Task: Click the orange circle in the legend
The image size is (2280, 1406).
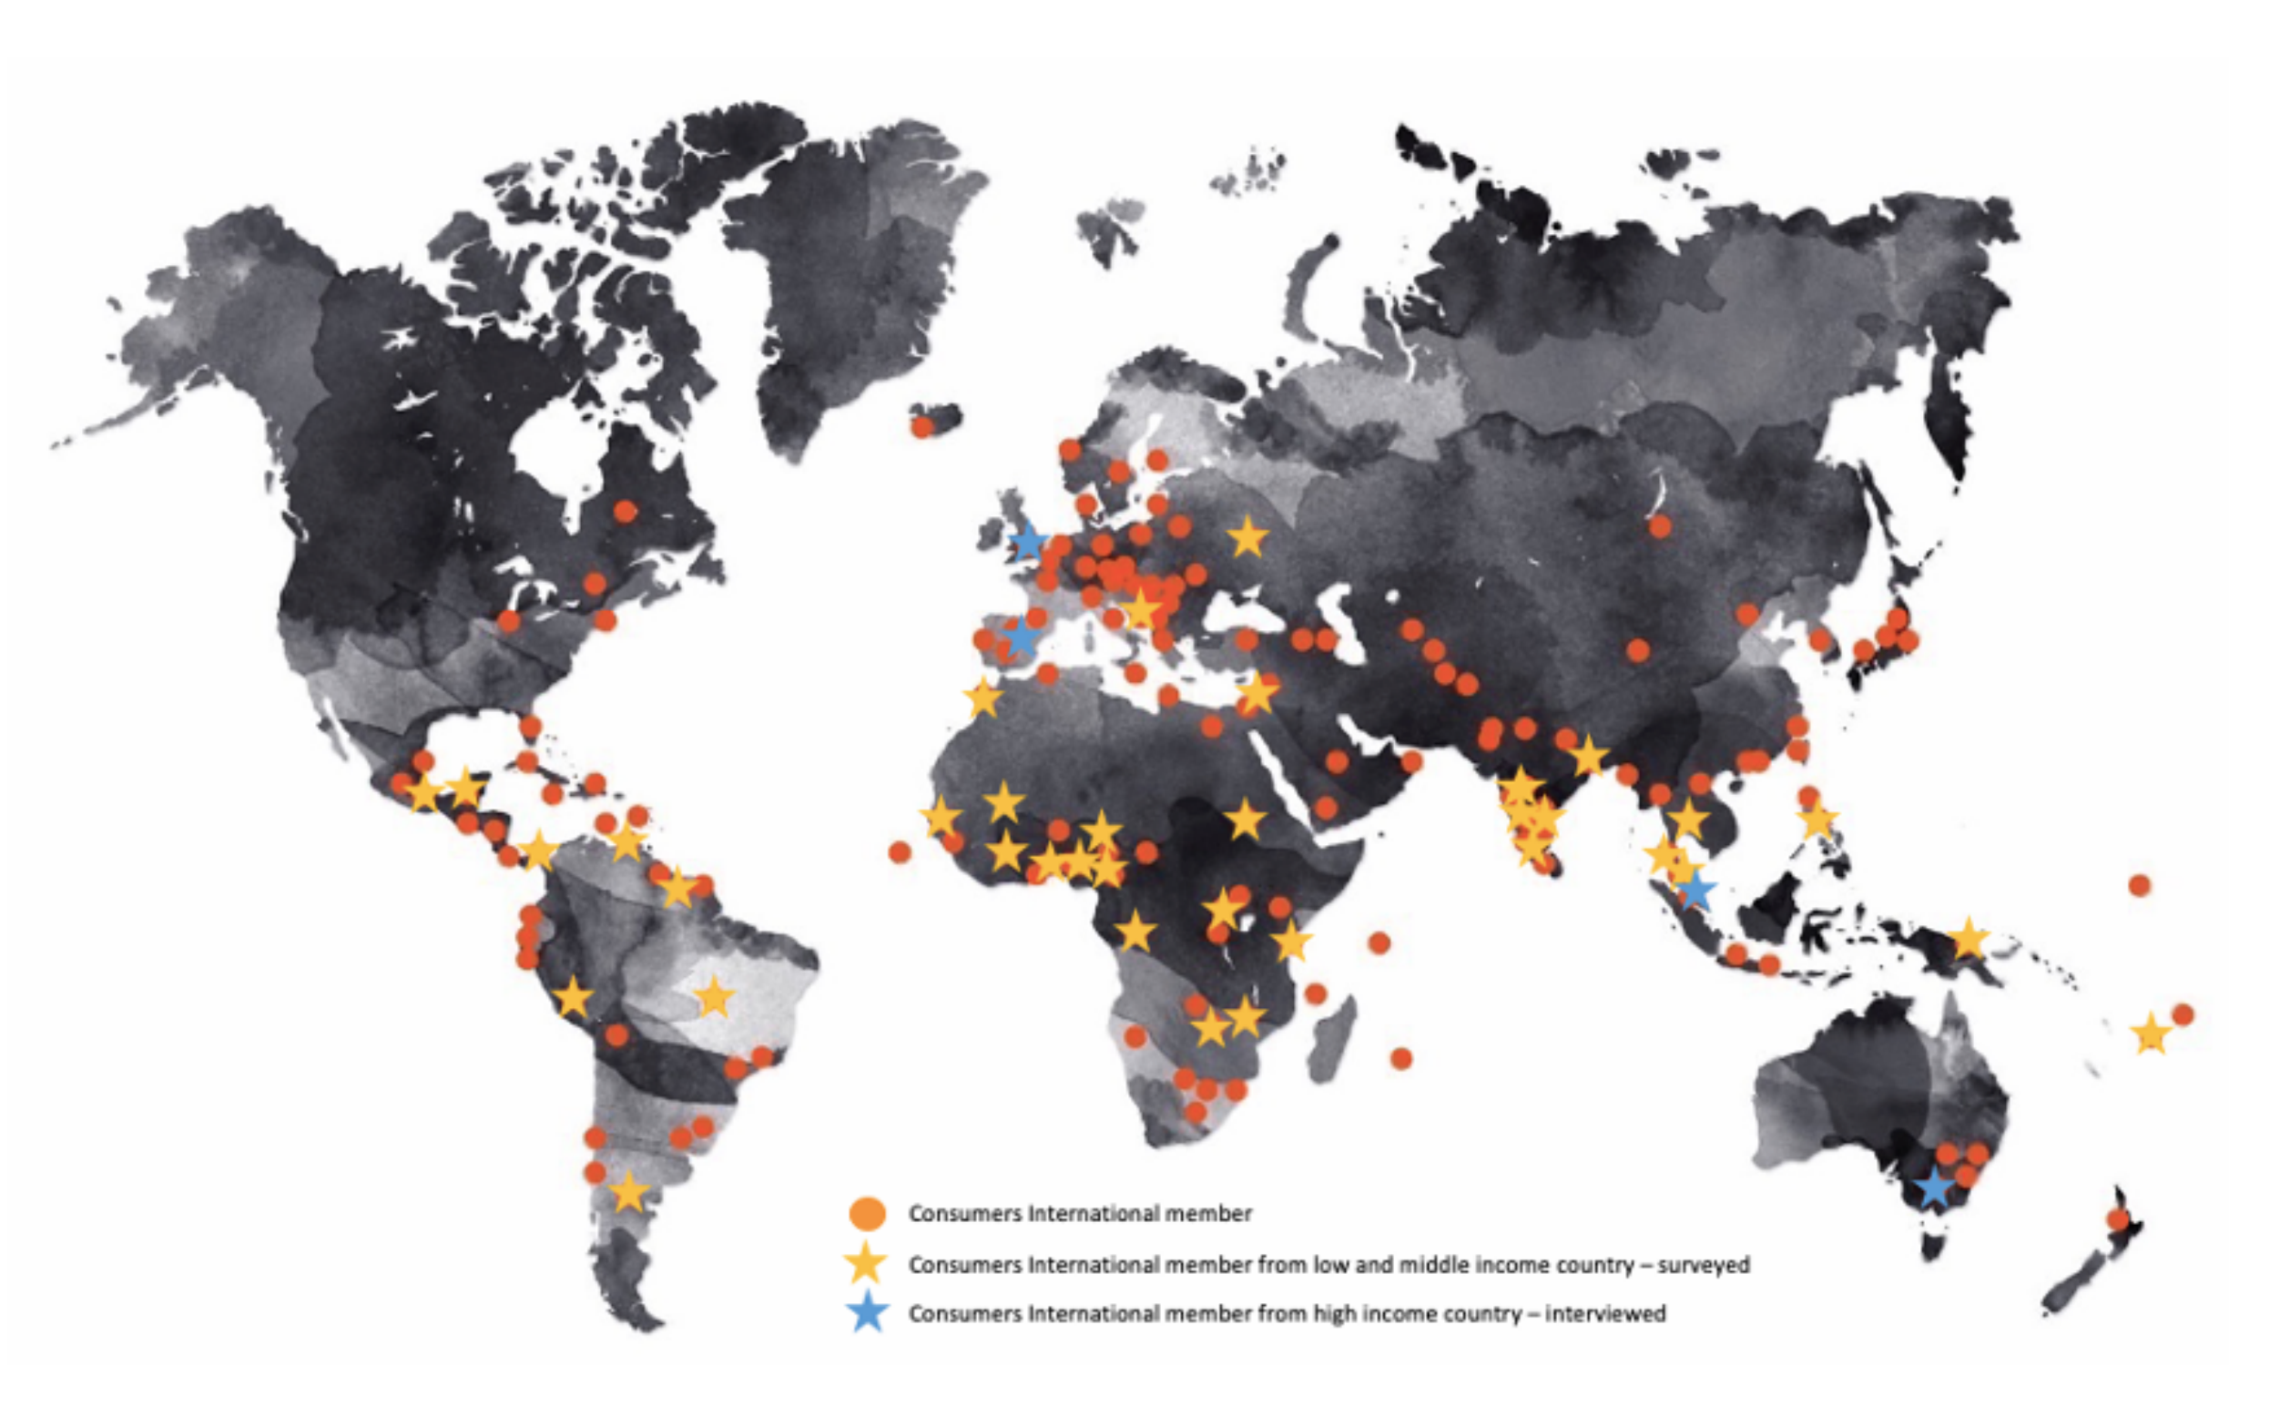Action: (x=867, y=1214)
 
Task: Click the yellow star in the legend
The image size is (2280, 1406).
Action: (x=866, y=1264)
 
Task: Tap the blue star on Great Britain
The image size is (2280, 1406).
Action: (x=1027, y=542)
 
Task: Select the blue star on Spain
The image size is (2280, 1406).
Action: (x=1022, y=637)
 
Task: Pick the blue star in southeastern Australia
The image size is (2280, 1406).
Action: (x=1934, y=1187)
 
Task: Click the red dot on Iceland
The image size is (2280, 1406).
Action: (x=921, y=427)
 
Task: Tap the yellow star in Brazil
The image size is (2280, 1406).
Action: (x=714, y=998)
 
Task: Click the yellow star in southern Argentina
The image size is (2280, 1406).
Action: (x=628, y=1192)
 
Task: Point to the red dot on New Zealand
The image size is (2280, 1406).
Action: (x=2118, y=1219)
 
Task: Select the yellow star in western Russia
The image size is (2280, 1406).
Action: (x=1247, y=537)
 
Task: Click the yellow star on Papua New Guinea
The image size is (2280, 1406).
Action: (x=1967, y=938)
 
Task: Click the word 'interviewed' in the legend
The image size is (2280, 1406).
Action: (x=1605, y=1314)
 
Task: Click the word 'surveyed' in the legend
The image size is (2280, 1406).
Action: (x=1703, y=1265)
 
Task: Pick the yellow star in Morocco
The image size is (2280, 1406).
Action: (x=982, y=698)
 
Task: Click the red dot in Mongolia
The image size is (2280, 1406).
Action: (x=1660, y=527)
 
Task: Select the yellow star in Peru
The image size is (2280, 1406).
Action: (x=573, y=999)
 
